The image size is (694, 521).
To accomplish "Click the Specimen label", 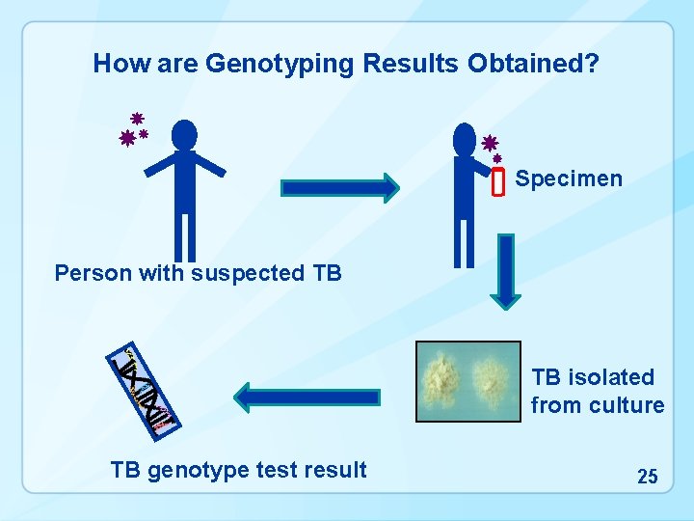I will (x=569, y=178).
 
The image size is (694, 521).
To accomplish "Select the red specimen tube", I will (x=498, y=180).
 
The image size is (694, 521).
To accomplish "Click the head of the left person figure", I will (x=184, y=134).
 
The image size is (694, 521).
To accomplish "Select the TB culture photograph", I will (x=467, y=381).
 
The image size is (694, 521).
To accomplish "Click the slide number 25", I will (x=648, y=476).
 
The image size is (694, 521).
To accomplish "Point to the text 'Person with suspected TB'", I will (x=198, y=273).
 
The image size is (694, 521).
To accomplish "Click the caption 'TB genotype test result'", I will (x=238, y=470).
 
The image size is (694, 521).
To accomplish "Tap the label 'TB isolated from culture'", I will (x=597, y=391).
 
